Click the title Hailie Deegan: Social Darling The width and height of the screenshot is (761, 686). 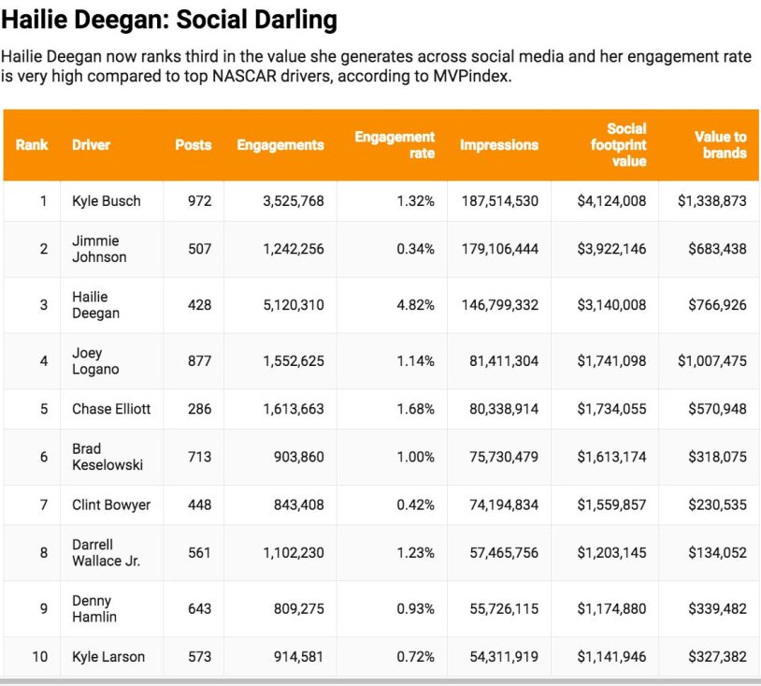click(169, 20)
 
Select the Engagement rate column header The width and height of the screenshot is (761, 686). click(395, 145)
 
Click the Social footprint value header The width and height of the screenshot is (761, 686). click(618, 145)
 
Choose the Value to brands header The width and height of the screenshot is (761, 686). click(720, 145)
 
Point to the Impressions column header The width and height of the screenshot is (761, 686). click(499, 145)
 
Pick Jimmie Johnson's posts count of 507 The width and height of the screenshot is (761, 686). click(199, 249)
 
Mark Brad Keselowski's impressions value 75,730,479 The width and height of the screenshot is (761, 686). click(504, 457)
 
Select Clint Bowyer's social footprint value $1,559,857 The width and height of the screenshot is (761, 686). click(611, 504)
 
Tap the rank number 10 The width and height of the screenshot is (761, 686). click(40, 657)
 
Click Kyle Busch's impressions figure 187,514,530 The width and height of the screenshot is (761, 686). click(500, 201)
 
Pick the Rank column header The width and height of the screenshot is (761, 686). click(32, 145)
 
